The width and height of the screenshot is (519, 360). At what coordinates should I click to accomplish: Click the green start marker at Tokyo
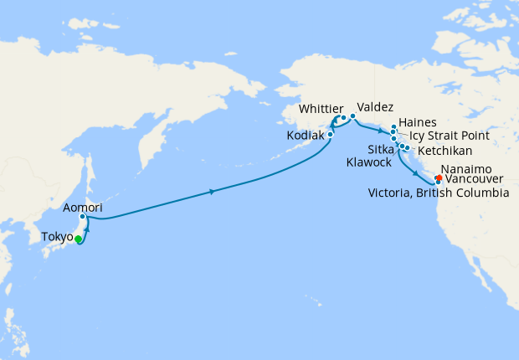tap(78, 239)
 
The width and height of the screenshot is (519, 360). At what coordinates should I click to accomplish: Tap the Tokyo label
tap(58, 238)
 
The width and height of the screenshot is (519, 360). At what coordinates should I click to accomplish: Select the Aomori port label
tap(82, 206)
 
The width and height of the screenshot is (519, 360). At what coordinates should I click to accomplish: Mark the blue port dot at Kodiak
tap(331, 134)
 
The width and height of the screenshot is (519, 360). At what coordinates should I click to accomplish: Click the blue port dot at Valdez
tap(352, 116)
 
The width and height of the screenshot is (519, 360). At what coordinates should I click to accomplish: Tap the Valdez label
tap(374, 107)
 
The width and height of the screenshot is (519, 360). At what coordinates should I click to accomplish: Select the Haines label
tap(417, 121)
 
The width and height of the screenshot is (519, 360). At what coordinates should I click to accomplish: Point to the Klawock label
tap(367, 162)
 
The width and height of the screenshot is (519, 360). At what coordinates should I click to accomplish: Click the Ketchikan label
tap(444, 151)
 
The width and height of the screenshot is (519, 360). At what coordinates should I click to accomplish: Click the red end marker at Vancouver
tap(439, 177)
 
